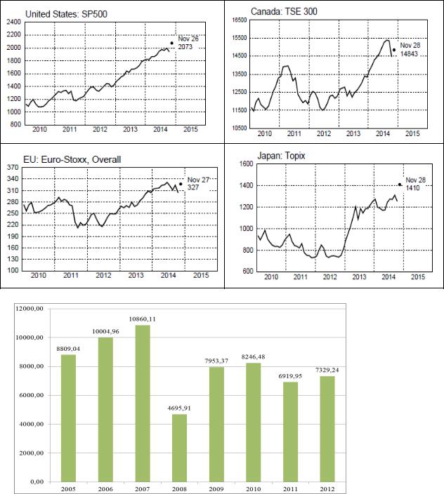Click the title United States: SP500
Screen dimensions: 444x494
click(66, 14)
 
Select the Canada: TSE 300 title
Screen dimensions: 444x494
click(284, 11)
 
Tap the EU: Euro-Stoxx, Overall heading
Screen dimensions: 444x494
click(72, 159)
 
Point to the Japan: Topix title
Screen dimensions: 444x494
click(281, 156)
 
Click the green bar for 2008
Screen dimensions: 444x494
click(179, 448)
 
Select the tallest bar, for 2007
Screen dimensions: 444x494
click(143, 403)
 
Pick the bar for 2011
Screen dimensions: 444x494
click(290, 432)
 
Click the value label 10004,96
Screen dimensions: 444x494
click(105, 331)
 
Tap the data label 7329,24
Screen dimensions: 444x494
click(327, 370)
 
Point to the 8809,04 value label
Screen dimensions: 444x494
click(68, 349)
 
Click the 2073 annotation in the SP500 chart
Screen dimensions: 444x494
click(185, 47)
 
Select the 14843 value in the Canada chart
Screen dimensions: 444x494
click(409, 54)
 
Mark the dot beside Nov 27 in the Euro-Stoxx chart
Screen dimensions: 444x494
click(181, 184)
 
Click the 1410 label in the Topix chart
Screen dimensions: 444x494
click(412, 188)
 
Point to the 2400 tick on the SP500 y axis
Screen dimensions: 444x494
click(15, 22)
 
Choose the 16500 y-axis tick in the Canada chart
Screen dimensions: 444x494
click(240, 20)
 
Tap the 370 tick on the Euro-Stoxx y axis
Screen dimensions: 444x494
click(13, 167)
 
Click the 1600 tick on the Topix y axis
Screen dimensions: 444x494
click(247, 163)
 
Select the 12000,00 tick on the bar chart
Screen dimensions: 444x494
click(30, 309)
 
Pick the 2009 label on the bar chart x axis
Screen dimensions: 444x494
click(216, 489)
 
